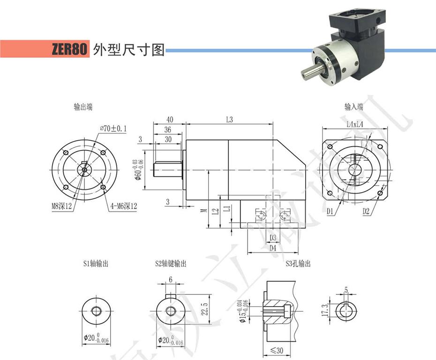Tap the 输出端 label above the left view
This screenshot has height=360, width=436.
[83, 107]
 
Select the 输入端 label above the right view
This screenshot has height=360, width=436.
[354, 107]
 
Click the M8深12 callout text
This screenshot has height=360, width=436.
[62, 206]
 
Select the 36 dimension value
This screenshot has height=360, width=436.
[167, 130]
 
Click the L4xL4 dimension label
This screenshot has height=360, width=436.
[354, 125]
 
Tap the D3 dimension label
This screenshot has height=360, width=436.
[272, 237]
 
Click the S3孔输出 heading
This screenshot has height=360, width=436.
[298, 264]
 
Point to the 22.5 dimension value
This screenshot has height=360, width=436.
[203, 310]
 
